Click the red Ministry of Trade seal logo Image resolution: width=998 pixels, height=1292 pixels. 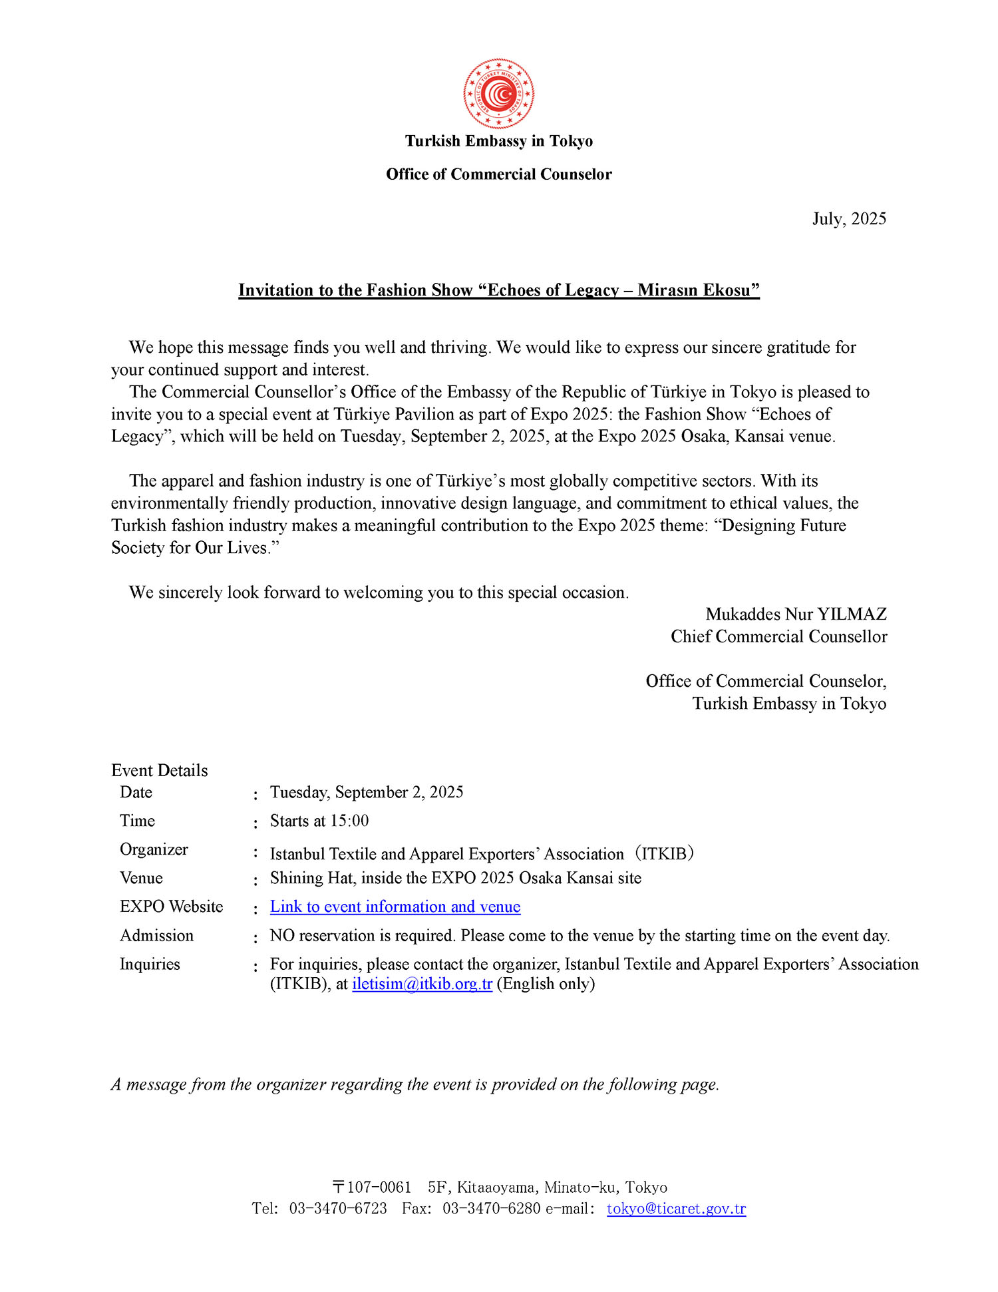(x=498, y=94)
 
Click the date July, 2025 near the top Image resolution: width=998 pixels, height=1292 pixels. (x=849, y=219)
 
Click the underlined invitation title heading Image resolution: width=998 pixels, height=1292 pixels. (x=499, y=290)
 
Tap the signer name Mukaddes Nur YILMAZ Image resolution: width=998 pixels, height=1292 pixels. (x=796, y=614)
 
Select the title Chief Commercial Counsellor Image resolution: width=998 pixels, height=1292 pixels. (x=778, y=636)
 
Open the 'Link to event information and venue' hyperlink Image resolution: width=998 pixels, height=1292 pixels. (x=395, y=907)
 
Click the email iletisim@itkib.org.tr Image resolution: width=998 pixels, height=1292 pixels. (x=422, y=984)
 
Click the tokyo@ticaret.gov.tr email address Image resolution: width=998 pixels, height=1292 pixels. (x=676, y=1208)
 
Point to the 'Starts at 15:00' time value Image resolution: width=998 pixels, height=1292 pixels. (x=319, y=821)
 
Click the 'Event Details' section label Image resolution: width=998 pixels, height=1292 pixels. (x=160, y=770)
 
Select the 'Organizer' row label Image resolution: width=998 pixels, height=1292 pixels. (x=154, y=849)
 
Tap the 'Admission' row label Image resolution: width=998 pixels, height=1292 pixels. (x=156, y=935)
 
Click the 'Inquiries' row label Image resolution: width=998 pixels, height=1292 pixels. (x=150, y=964)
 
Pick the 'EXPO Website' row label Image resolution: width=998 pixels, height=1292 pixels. (x=171, y=907)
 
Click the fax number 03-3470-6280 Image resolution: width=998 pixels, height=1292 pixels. (x=491, y=1208)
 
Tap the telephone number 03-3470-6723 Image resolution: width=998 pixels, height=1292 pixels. (x=337, y=1208)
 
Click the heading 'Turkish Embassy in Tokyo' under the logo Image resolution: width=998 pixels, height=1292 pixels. (x=498, y=141)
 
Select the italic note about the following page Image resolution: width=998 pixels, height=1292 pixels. (x=415, y=1084)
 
